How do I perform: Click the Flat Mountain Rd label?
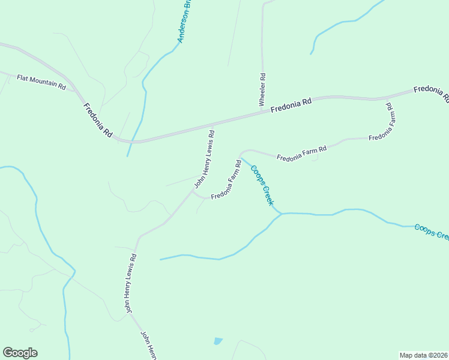pos(41,82)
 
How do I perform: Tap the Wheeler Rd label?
pos(262,90)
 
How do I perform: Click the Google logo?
pos(20,353)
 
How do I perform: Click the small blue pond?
pos(217,341)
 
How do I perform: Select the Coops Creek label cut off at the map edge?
pos(431,232)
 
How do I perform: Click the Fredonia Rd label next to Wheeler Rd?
pos(291,106)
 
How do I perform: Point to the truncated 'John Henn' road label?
pos(148,345)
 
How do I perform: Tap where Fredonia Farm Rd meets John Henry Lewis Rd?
pos(193,192)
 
